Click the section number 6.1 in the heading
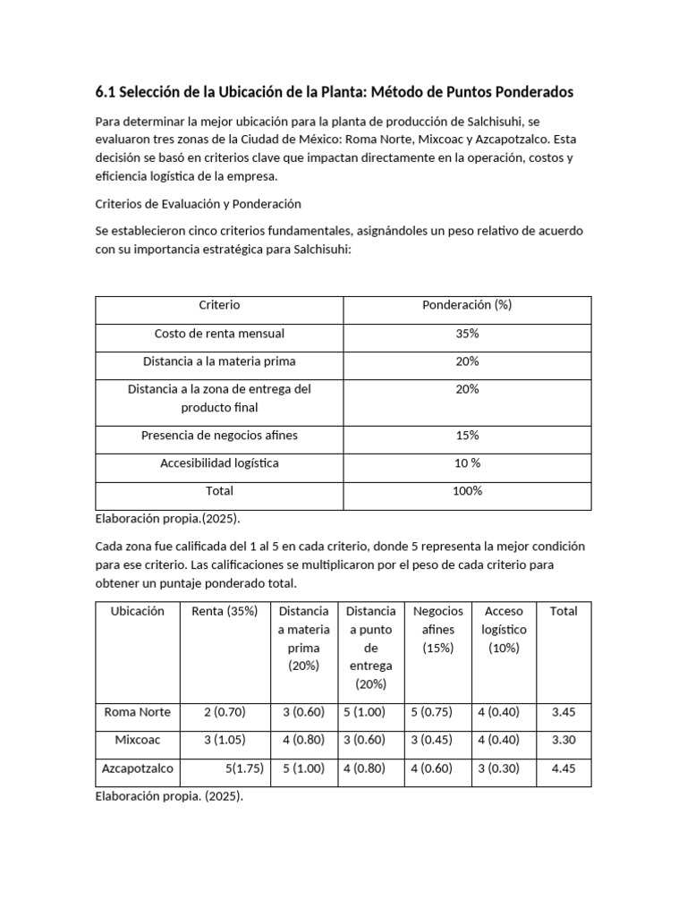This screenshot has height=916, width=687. (x=106, y=92)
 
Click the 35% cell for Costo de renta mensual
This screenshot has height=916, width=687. (x=466, y=334)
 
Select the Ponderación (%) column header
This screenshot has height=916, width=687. (x=466, y=305)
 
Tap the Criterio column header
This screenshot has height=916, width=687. (x=219, y=305)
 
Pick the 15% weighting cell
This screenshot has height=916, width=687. (x=466, y=436)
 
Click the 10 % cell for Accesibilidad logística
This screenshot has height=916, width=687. (x=466, y=463)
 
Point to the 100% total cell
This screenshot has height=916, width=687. (x=466, y=491)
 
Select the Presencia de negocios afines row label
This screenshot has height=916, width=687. (x=219, y=436)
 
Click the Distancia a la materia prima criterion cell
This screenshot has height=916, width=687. (x=219, y=361)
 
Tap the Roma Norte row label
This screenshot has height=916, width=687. (x=137, y=713)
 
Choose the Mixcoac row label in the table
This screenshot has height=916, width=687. (x=137, y=741)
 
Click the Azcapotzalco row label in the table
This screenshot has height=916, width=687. (x=137, y=768)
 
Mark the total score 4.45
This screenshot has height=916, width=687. (x=564, y=768)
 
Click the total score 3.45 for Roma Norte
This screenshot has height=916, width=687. (x=564, y=713)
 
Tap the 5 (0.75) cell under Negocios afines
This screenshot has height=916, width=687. (x=438, y=713)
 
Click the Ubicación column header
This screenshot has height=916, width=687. (x=137, y=612)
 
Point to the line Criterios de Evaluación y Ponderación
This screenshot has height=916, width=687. (x=198, y=204)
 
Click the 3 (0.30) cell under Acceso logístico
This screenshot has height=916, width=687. (x=504, y=768)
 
